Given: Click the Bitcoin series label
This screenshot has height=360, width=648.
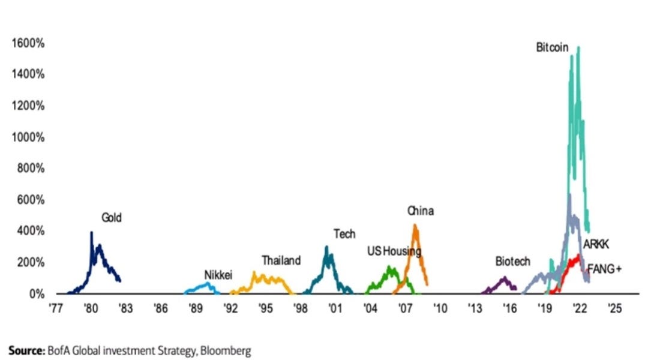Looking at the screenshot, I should [x=552, y=47].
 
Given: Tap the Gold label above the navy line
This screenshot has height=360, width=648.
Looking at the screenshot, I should [x=111, y=218].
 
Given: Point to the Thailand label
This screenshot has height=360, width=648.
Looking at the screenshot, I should [x=281, y=261].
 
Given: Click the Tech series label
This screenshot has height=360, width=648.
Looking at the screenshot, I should [x=344, y=235].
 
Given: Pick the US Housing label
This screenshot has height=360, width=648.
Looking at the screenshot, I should [x=394, y=251].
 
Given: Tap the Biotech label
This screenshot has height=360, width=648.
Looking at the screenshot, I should [x=512, y=262].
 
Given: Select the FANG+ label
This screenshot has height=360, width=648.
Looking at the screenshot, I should [x=604, y=269].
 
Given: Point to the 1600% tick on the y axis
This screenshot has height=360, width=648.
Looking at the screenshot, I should [x=28, y=43].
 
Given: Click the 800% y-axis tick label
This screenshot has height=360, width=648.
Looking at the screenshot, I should [x=29, y=169].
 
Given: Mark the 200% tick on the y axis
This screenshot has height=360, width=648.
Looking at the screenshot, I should [x=29, y=263].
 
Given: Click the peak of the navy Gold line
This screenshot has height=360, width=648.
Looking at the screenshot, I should [x=91, y=232].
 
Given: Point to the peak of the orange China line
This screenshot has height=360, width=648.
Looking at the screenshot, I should [x=415, y=226].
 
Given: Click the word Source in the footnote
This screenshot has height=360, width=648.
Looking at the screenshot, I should [x=25, y=350].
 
